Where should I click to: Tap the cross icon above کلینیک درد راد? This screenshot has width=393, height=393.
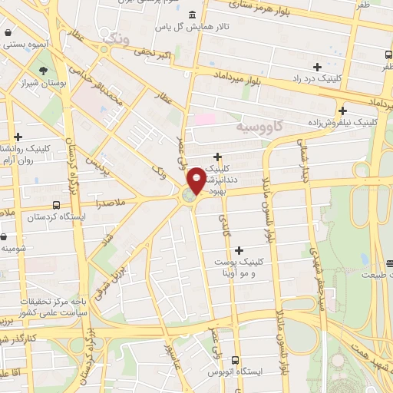[x=317, y=67]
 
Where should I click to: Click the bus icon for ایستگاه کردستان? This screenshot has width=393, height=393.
[x=55, y=206]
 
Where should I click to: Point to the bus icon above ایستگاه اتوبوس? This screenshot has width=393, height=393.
[x=235, y=359]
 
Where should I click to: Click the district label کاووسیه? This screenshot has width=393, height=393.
[x=259, y=124]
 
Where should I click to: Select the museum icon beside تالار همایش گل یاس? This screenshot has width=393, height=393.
[x=190, y=15]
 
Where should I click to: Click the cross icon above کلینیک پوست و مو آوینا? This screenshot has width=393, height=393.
[x=239, y=249]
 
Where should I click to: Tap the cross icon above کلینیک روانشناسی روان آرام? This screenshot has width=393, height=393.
[x=18, y=137]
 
